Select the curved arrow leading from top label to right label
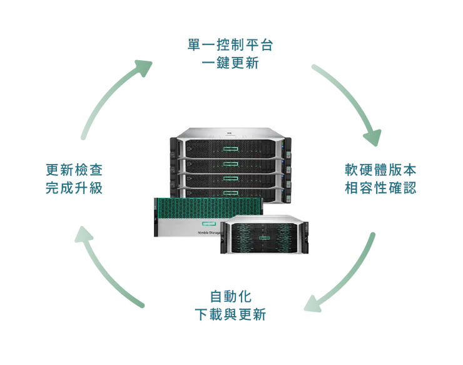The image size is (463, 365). (350, 100)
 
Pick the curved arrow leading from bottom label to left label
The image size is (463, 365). (106, 269)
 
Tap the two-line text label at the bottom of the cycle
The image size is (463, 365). (229, 303)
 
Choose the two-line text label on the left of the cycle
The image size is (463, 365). (74, 178)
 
